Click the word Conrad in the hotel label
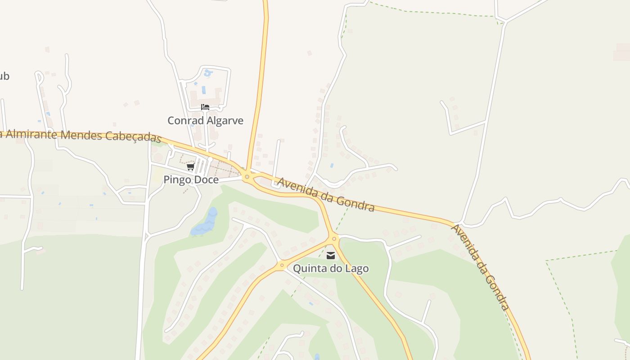[x=183, y=121]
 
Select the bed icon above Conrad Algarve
[x=205, y=107]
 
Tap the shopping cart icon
[x=191, y=167]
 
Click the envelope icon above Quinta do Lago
[x=331, y=256]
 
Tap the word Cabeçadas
[x=133, y=137]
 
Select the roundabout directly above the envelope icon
[x=333, y=238]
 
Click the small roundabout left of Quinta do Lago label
[x=282, y=265]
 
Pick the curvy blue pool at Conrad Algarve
[x=207, y=72]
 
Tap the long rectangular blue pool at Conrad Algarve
[x=204, y=90]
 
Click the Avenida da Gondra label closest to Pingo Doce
[x=326, y=194]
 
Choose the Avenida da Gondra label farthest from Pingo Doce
[x=481, y=267]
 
